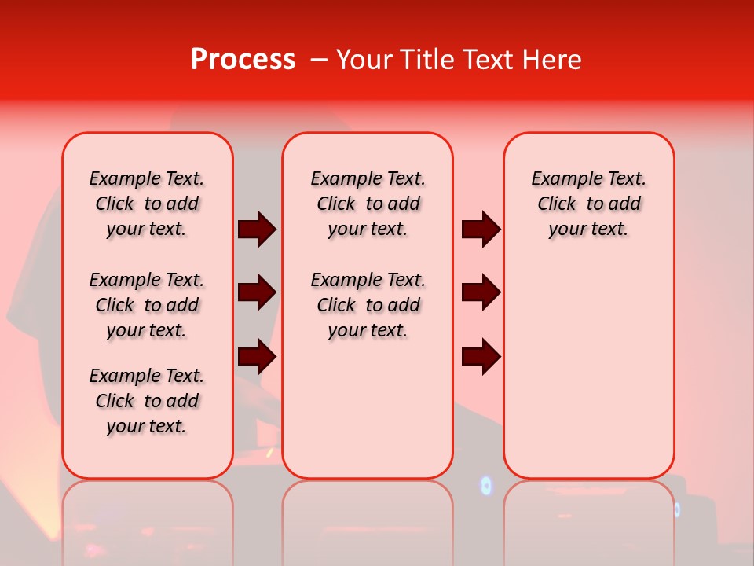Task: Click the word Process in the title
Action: [x=243, y=60]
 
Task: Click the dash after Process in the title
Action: [x=318, y=61]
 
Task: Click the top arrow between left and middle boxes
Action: [x=257, y=230]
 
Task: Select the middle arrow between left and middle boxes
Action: [x=257, y=292]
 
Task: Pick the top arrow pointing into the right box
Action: [x=481, y=230]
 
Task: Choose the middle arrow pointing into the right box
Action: [x=481, y=292]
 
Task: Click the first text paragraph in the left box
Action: [x=147, y=204]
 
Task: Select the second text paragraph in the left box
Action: [x=147, y=305]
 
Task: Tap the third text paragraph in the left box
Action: [x=147, y=401]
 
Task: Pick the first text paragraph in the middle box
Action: [x=368, y=204]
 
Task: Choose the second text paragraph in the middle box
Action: [x=368, y=305]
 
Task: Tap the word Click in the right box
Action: [x=557, y=204]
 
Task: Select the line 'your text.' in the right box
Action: [x=588, y=230]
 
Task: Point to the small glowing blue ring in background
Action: [x=485, y=486]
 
